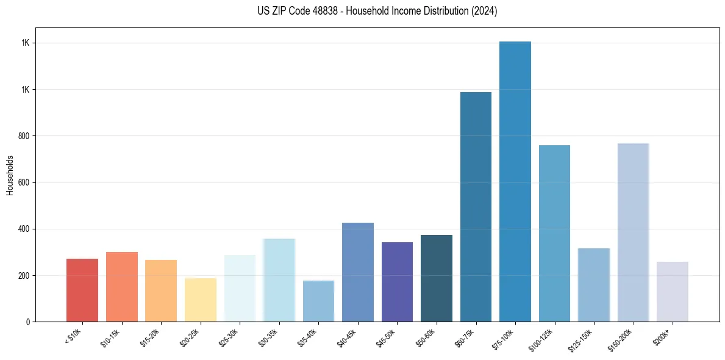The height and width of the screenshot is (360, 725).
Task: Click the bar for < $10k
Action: (x=82, y=290)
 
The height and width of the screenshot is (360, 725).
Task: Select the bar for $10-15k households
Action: (x=121, y=287)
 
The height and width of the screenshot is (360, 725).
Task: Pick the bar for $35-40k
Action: (x=318, y=301)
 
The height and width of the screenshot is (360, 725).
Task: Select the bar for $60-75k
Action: (x=476, y=207)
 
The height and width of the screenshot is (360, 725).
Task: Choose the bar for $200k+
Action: (x=673, y=292)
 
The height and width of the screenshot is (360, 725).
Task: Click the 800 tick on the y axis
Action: (x=25, y=136)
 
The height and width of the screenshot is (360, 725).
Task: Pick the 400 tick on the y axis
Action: (x=25, y=229)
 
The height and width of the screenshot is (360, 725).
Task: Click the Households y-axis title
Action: (x=10, y=175)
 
